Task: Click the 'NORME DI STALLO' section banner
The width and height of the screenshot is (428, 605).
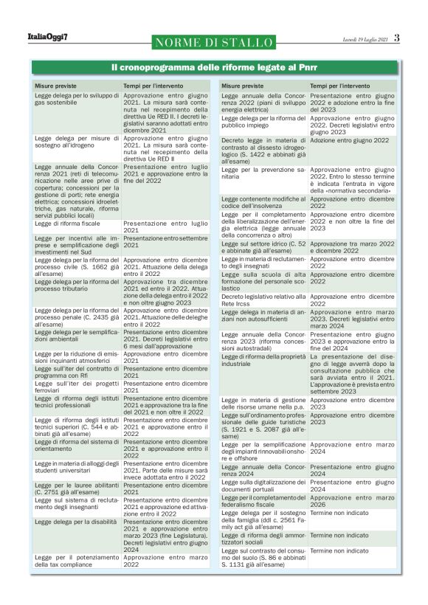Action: (215, 42)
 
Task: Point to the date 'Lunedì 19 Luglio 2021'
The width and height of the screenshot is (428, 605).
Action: (365, 38)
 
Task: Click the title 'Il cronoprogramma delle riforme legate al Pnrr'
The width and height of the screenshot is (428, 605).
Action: (214, 68)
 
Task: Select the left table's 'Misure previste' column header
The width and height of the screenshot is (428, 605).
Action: (55, 86)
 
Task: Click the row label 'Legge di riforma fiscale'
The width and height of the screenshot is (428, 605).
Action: (69, 222)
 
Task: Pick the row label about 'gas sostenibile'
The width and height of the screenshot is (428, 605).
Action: (76, 100)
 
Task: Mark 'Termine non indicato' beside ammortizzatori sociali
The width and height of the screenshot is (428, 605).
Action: (338, 535)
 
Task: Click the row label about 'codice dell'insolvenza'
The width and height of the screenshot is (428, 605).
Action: (263, 201)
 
